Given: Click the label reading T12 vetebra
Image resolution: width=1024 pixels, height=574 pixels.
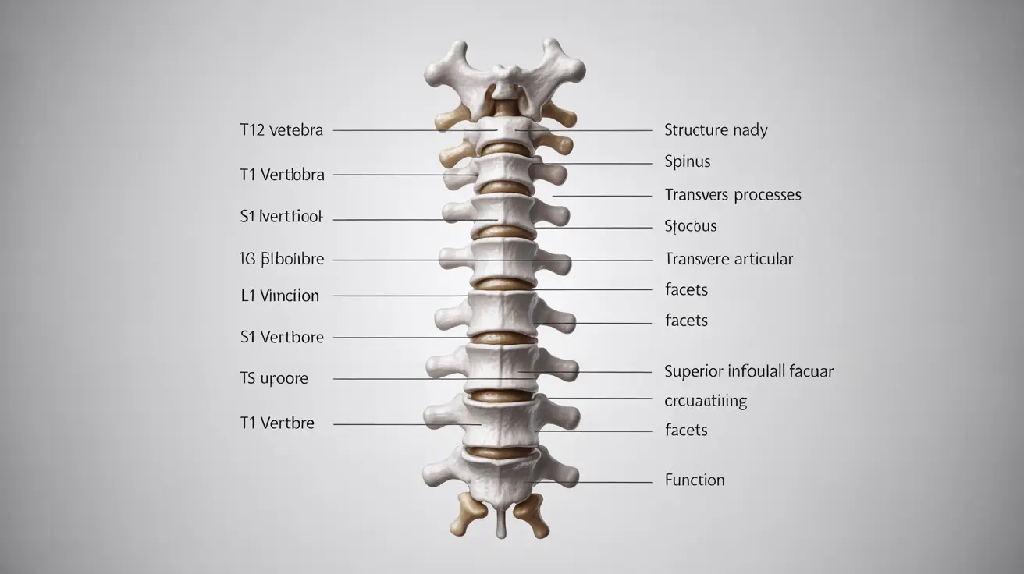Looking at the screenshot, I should (281, 130).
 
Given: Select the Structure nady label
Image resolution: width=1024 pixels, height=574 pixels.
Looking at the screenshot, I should (716, 130).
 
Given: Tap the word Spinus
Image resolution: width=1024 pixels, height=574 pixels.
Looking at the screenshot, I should (687, 162).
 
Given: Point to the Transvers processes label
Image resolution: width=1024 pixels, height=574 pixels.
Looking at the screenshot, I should (732, 195).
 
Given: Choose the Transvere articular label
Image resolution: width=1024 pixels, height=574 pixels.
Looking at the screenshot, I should (728, 259).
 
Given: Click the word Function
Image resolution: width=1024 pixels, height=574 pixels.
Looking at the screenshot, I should (695, 480).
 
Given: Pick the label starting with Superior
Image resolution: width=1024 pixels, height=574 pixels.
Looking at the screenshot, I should (748, 371).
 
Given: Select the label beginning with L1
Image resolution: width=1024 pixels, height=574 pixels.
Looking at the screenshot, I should (279, 296).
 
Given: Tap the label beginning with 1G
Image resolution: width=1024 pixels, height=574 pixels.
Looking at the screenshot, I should (282, 259).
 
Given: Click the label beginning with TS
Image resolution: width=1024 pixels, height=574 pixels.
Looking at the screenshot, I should (274, 379).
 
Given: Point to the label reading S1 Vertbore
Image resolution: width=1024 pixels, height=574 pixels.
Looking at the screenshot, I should (282, 338).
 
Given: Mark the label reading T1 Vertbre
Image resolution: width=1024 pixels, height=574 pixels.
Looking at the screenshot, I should (277, 423).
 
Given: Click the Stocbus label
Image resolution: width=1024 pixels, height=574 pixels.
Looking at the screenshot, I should (690, 227).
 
